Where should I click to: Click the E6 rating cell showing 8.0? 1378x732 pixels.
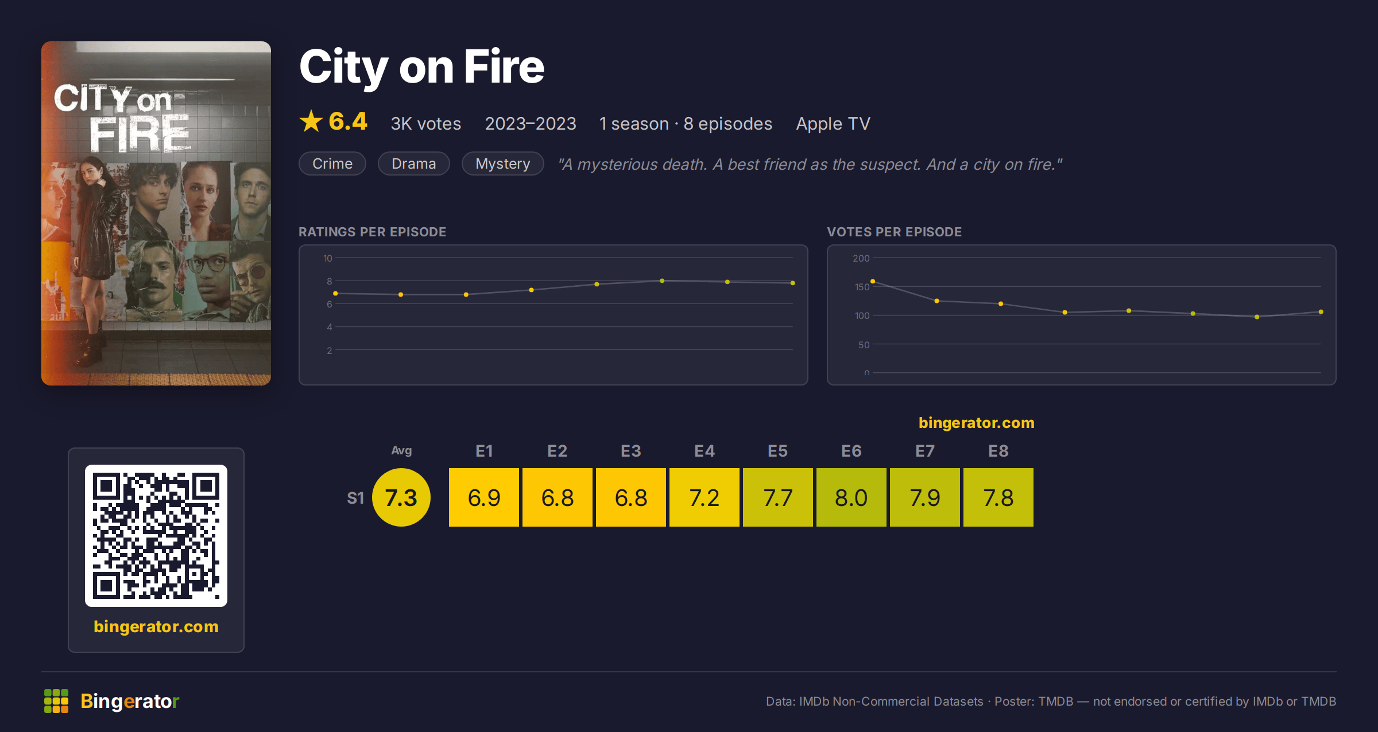(x=851, y=497)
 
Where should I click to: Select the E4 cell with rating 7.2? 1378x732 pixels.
(x=704, y=497)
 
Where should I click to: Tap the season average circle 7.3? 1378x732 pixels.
(x=401, y=497)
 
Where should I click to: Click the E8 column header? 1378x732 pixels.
(x=998, y=451)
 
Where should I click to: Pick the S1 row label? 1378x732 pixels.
(x=355, y=498)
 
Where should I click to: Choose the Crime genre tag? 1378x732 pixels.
(x=332, y=163)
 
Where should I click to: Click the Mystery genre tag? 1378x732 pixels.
(x=503, y=163)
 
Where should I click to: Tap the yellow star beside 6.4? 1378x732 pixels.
(x=311, y=121)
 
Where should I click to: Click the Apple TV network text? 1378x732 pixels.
(x=833, y=123)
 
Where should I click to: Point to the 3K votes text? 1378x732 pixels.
(x=426, y=123)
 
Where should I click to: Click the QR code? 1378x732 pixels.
(x=156, y=536)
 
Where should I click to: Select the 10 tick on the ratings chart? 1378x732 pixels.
(x=328, y=258)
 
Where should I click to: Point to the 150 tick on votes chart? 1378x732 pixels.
(x=862, y=287)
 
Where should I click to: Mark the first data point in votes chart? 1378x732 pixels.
(x=873, y=281)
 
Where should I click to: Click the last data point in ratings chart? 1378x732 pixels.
(x=793, y=283)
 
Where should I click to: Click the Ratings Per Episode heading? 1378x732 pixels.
(x=372, y=232)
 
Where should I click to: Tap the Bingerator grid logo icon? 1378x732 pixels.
(x=56, y=701)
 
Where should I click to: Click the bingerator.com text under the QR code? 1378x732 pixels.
(x=156, y=626)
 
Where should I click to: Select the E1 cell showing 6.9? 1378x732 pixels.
(x=483, y=497)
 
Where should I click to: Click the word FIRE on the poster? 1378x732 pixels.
(x=140, y=134)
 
